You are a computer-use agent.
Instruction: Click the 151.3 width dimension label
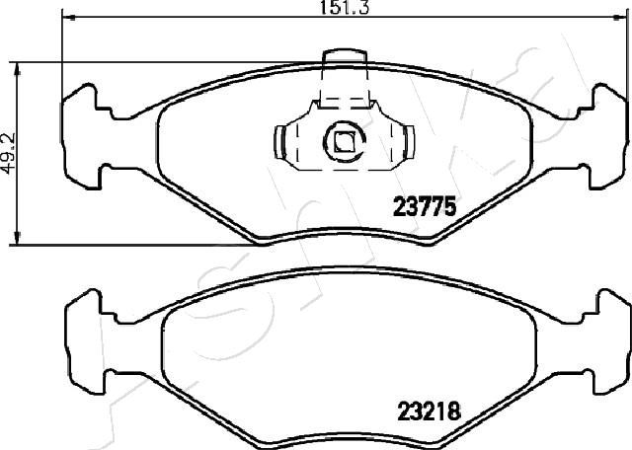[344, 7]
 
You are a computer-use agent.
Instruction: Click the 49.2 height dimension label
[8, 154]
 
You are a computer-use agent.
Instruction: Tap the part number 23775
[425, 206]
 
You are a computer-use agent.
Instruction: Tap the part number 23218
[429, 412]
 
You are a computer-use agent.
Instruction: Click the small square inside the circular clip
[344, 142]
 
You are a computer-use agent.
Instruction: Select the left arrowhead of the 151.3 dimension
[69, 18]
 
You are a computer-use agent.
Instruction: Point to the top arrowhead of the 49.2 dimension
[17, 69]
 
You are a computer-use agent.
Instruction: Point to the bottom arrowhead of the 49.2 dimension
[17, 238]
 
